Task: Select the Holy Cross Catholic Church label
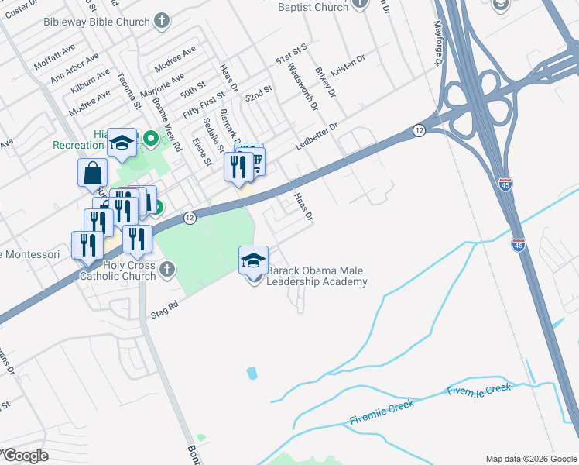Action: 118,270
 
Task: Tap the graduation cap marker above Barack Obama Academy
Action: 254,261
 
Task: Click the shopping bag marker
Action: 92,173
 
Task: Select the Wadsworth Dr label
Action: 303,86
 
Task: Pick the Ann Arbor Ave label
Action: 74,68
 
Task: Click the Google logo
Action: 25,456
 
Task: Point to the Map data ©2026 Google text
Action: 531,459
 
